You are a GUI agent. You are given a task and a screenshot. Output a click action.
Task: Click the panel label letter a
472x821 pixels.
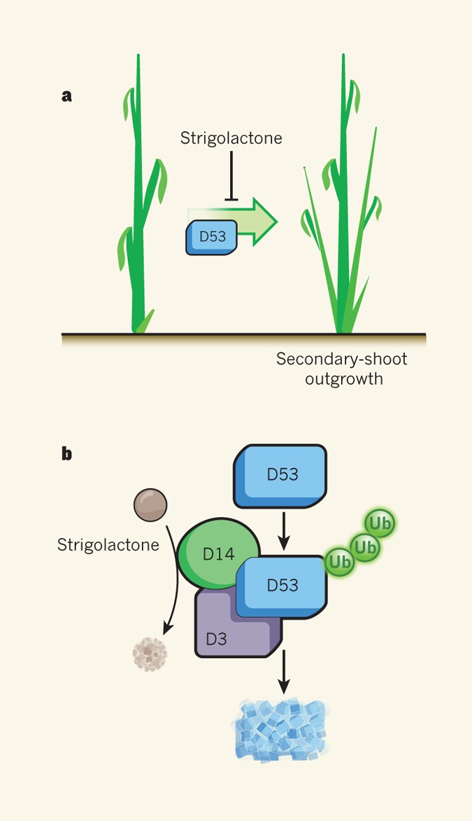(x=67, y=96)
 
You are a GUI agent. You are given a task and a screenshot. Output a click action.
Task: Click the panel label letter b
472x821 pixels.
(x=67, y=454)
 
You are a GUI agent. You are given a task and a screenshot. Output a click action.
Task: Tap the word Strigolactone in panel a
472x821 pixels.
(x=231, y=138)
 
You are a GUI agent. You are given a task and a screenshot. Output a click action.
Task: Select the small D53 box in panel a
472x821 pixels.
(x=212, y=237)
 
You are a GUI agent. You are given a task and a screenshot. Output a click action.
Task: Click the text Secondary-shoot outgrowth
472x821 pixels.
(x=341, y=369)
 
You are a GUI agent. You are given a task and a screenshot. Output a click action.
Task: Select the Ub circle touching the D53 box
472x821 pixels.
(x=340, y=561)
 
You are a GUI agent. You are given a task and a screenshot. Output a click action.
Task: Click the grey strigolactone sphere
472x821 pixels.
(x=150, y=503)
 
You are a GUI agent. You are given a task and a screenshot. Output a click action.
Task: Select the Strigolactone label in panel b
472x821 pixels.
(x=108, y=544)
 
